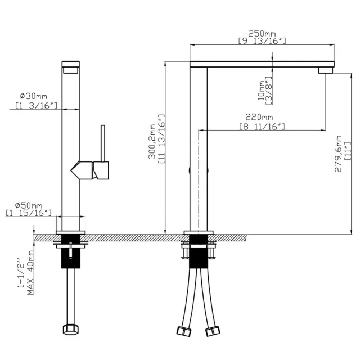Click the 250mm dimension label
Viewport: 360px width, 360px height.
pyautogui.click(x=262, y=34)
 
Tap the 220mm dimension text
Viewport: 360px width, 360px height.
pyautogui.click(x=259, y=117)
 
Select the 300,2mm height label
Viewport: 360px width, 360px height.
pyautogui.click(x=152, y=141)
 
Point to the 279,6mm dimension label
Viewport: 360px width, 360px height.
pyautogui.click(x=338, y=154)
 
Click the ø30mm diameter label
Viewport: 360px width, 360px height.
pyautogui.click(x=34, y=96)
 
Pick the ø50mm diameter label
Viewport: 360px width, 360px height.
pyautogui.click(x=29, y=205)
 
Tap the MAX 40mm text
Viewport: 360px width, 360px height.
pyautogui.click(x=30, y=272)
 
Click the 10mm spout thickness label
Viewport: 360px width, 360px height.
pyautogui.click(x=261, y=91)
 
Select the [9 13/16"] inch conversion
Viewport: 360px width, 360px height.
pyautogui.click(x=262, y=41)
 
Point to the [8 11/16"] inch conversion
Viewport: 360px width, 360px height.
pyautogui.click(x=262, y=127)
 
